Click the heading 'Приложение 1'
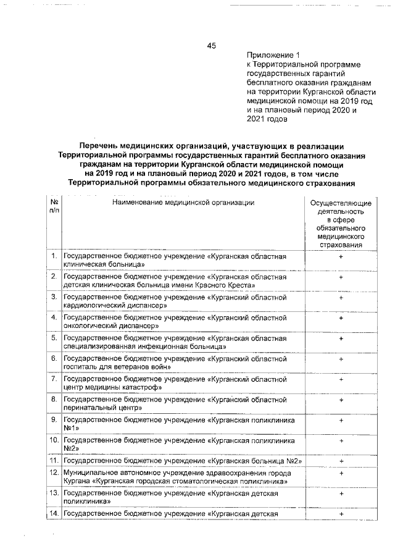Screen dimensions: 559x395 coord(272,55)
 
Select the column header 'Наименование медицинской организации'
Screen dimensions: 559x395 coord(183,203)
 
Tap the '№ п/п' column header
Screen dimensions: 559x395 coord(54,207)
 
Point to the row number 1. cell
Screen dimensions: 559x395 coord(54,256)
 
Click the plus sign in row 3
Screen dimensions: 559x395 coord(341,297)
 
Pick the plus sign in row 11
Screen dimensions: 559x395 coord(341,461)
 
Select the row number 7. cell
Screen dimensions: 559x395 coord(54,379)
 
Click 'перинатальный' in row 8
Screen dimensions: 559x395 coord(87,408)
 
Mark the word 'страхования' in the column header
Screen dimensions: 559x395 coord(341,245)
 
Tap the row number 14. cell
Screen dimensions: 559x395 coord(54,514)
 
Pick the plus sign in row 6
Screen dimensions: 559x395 coord(341,358)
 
